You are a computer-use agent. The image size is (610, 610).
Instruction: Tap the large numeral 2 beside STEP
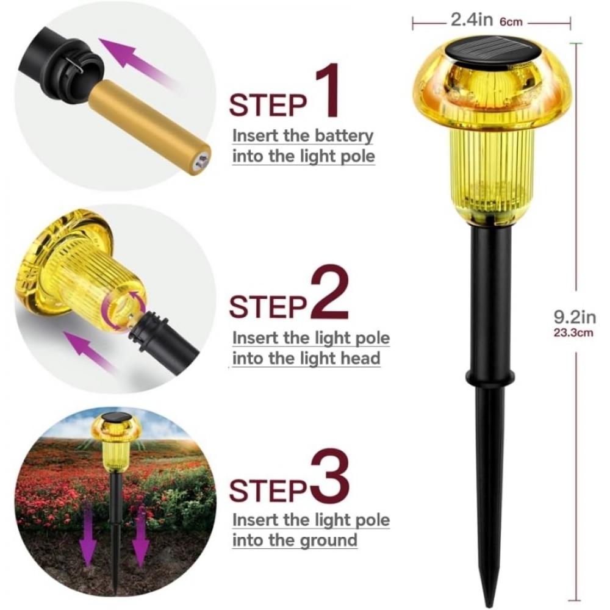329,295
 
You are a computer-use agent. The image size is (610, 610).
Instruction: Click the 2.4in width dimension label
472,20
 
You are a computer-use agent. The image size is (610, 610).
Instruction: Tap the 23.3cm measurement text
574,333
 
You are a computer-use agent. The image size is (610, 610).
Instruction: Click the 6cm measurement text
511,22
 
